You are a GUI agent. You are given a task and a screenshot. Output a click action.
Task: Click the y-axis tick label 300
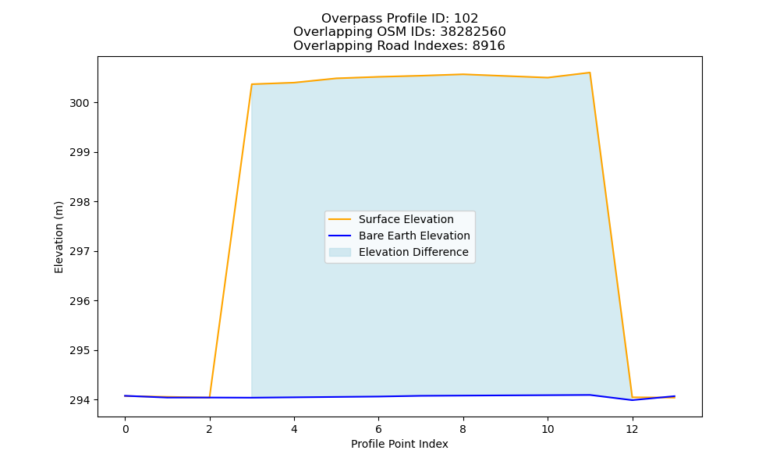[79, 103]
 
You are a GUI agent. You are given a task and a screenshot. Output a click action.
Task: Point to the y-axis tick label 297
[79, 252]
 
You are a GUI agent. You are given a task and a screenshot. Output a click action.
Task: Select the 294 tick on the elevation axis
[79, 400]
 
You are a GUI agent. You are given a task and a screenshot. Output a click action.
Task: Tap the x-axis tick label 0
[126, 429]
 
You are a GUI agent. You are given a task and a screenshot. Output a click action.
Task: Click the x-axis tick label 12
[632, 429]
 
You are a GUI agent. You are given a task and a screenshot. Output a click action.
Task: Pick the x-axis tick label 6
[378, 429]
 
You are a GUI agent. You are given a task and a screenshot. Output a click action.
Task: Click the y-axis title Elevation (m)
[58, 237]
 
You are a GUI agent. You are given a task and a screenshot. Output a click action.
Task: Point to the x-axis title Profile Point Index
[399, 444]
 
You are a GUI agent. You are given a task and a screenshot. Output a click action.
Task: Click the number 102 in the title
[466, 19]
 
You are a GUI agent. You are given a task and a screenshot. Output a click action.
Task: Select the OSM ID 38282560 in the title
[473, 32]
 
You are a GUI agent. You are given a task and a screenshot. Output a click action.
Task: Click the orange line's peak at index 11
[590, 73]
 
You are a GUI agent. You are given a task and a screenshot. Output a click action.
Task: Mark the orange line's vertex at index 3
[252, 84]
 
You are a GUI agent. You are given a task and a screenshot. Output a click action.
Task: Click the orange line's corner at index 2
[209, 397]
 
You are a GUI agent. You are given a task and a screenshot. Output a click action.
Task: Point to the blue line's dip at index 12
[632, 400]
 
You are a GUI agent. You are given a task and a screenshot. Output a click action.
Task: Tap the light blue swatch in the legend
[340, 252]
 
